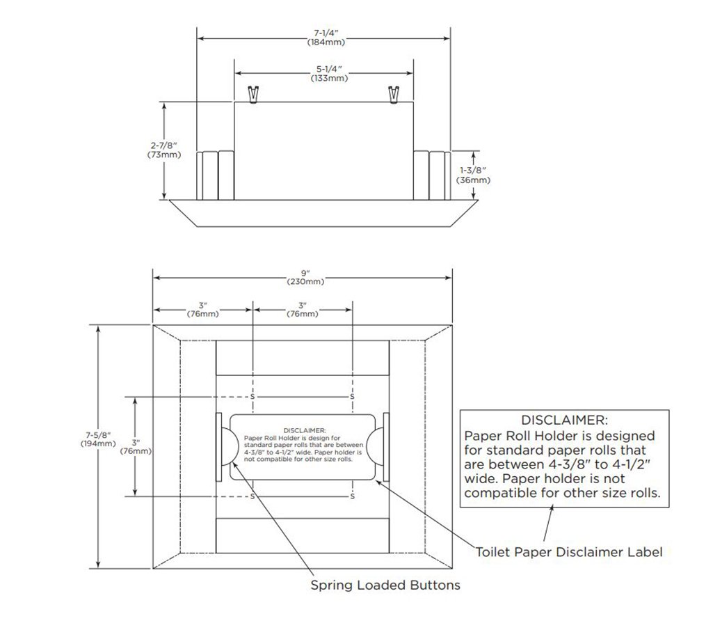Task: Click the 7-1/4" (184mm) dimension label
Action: (x=326, y=38)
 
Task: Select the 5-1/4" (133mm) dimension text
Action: (x=329, y=74)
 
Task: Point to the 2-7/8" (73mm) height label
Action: (x=164, y=150)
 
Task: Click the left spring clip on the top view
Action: (x=254, y=94)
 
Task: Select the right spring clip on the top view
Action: (x=394, y=94)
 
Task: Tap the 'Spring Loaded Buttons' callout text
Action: (x=385, y=585)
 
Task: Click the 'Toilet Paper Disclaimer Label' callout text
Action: (x=569, y=552)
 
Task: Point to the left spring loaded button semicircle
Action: (x=227, y=446)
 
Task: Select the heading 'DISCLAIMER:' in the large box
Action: (x=564, y=420)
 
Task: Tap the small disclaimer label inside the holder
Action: (x=303, y=446)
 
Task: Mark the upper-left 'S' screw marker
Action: (x=253, y=397)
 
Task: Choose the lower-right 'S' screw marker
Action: (x=353, y=496)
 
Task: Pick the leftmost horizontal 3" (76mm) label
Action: (x=203, y=309)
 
